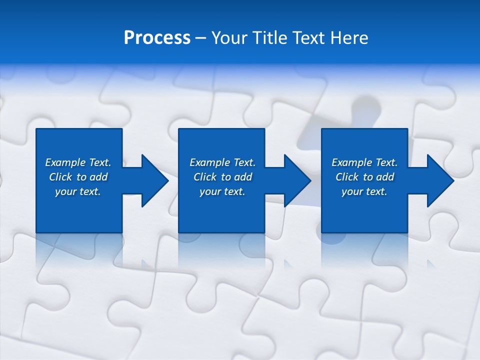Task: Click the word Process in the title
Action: pos(157,38)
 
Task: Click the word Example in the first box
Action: pos(65,162)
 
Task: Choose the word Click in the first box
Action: pos(60,177)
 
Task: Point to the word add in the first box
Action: pos(98,177)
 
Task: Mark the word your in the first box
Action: pos(65,191)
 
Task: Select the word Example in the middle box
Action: pos(209,162)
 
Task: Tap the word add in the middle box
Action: pos(242,177)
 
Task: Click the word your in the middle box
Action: pos(209,191)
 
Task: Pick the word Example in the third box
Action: pos(351,162)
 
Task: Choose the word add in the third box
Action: pos(384,177)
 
